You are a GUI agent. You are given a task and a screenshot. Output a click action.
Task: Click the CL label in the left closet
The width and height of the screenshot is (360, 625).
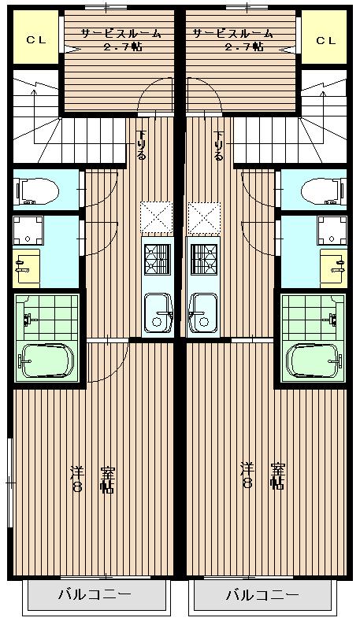(x=36, y=40)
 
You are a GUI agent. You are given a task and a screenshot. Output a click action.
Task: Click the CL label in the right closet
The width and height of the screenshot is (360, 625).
(x=326, y=40)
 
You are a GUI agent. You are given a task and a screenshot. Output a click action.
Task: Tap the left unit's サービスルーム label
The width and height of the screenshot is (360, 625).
(x=121, y=34)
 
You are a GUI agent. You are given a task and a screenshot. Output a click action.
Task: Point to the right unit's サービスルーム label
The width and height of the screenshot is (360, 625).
(x=233, y=34)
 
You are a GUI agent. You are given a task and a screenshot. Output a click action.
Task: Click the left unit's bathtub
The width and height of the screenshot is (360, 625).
(x=47, y=361)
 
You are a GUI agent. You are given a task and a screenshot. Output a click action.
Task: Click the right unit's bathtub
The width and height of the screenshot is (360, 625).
(x=314, y=361)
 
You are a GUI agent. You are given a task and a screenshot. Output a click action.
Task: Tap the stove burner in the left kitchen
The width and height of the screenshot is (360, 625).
(x=158, y=260)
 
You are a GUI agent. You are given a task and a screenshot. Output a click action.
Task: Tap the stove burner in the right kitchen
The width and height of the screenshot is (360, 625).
(x=204, y=260)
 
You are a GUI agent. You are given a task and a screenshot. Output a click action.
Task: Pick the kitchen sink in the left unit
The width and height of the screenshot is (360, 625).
(x=158, y=313)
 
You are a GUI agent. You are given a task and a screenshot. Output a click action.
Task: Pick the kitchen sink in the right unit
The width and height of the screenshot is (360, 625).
(x=203, y=313)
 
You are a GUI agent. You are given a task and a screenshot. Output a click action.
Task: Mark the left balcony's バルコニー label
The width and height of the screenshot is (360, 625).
(x=95, y=595)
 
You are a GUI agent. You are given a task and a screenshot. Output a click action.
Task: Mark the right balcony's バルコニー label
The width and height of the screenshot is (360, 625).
(x=262, y=595)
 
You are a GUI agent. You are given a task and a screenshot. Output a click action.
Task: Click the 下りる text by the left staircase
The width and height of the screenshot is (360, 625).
(x=141, y=144)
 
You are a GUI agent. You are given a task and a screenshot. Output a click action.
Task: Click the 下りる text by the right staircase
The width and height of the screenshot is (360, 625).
(x=218, y=144)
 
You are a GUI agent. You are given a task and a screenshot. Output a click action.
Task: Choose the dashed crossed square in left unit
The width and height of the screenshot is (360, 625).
(x=157, y=217)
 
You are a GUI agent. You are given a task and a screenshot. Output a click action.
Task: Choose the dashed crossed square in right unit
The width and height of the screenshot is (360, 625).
(x=204, y=217)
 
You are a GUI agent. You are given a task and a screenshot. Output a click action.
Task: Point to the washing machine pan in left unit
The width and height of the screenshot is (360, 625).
(x=28, y=231)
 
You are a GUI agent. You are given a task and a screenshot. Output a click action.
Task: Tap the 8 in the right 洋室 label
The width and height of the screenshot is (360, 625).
(x=247, y=483)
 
